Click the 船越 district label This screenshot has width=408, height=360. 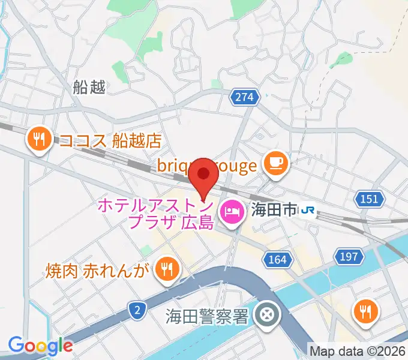click(89, 88)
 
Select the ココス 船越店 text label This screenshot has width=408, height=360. click(110, 141)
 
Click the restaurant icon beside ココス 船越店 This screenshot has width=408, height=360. click(40, 140)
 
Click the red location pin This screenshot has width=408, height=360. click(204, 175)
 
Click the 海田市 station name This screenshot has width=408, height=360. click(273, 210)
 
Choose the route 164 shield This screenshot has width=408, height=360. click(277, 259)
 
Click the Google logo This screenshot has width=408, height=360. click(40, 346)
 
